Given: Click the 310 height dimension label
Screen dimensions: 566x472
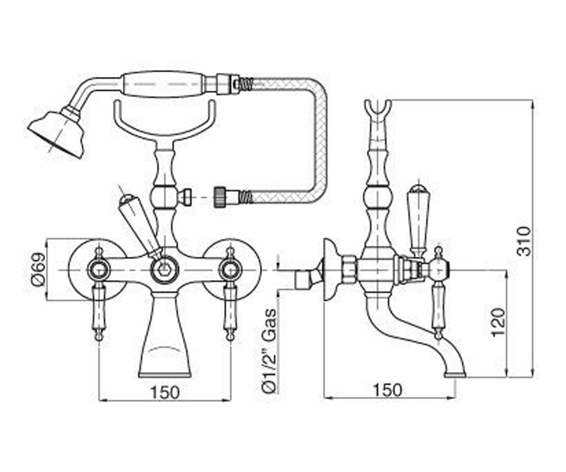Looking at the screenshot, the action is (x=524, y=241).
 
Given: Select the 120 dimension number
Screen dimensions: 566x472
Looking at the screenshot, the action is (x=499, y=322).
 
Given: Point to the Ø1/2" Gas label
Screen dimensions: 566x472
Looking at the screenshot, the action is (x=269, y=351).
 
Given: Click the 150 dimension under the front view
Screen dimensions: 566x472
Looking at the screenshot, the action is (x=165, y=393).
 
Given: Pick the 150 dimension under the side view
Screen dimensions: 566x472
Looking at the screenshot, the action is (x=388, y=390).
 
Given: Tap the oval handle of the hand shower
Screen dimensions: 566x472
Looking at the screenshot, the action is (x=163, y=84).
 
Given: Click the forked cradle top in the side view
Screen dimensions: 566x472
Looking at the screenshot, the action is (x=378, y=111).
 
